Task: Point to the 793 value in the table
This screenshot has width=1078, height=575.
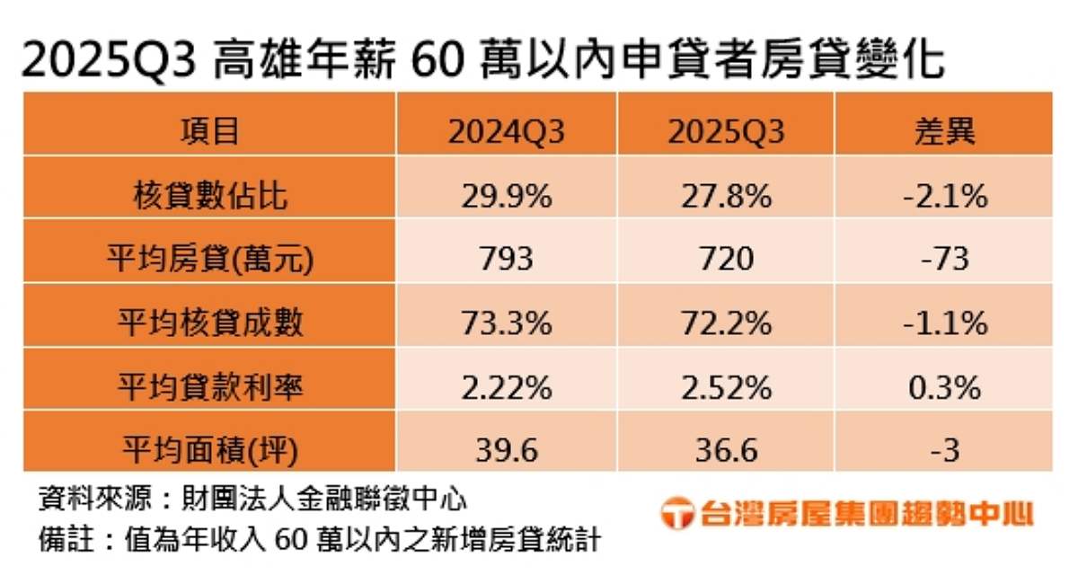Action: point(508,260)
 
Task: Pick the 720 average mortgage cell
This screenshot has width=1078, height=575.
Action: point(726,260)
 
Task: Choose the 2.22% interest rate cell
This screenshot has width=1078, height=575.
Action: point(508,387)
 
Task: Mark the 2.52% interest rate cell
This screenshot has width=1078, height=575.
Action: point(726,387)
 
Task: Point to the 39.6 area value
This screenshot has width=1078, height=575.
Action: point(508,449)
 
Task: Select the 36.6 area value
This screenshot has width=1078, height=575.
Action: point(726,449)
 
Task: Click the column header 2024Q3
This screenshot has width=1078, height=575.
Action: point(508,133)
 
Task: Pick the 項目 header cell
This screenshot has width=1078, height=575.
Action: point(210,133)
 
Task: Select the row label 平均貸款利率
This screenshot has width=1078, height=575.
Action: point(210,387)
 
